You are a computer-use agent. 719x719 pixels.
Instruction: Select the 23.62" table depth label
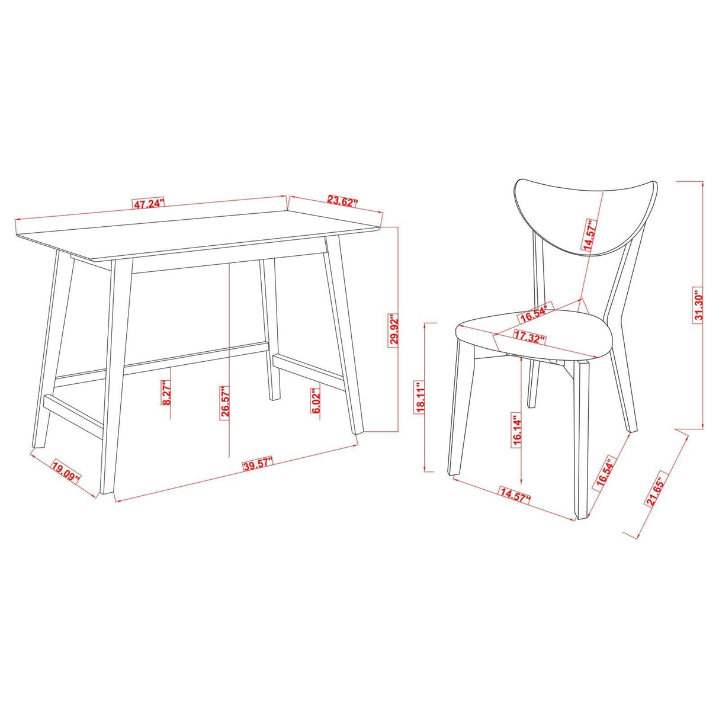click(x=343, y=202)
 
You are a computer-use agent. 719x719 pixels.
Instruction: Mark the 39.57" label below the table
click(x=258, y=464)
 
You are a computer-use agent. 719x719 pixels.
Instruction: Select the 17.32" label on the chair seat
click(x=529, y=338)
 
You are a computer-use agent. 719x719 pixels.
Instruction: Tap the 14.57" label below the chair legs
click(x=515, y=495)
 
